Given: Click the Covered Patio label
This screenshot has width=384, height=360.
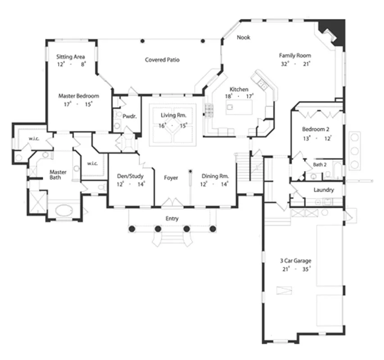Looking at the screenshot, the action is (162, 60).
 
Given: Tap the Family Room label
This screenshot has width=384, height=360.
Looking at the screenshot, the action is (295, 55).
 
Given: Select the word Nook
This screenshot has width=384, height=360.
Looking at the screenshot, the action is (244, 37).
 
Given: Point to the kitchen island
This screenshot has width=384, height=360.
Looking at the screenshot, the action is (239, 107).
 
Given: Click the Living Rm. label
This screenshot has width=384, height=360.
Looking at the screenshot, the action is (173, 115).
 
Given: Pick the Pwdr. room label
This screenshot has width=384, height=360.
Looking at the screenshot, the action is (129, 117).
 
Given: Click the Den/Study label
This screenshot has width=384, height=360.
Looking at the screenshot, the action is (130, 176).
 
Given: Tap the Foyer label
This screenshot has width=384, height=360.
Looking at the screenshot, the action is (171, 178).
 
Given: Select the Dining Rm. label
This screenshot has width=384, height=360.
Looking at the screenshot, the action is (215, 176).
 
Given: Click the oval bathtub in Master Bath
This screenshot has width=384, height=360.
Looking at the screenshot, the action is (64, 210).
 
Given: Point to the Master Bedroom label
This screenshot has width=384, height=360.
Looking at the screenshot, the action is (79, 96).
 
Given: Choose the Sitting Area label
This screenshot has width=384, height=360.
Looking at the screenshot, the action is (71, 57).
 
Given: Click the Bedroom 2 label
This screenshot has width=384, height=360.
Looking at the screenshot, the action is (316, 129).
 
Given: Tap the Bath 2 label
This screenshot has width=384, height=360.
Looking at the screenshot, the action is (320, 165).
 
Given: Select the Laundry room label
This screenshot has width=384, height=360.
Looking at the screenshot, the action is (324, 190).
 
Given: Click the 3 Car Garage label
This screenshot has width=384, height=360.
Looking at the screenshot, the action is (296, 261).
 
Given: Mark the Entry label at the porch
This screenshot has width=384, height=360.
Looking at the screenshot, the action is (172, 219).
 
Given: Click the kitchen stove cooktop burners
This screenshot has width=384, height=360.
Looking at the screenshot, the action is (209, 110).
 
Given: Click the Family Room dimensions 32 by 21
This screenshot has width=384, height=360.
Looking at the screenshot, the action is (296, 64).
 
